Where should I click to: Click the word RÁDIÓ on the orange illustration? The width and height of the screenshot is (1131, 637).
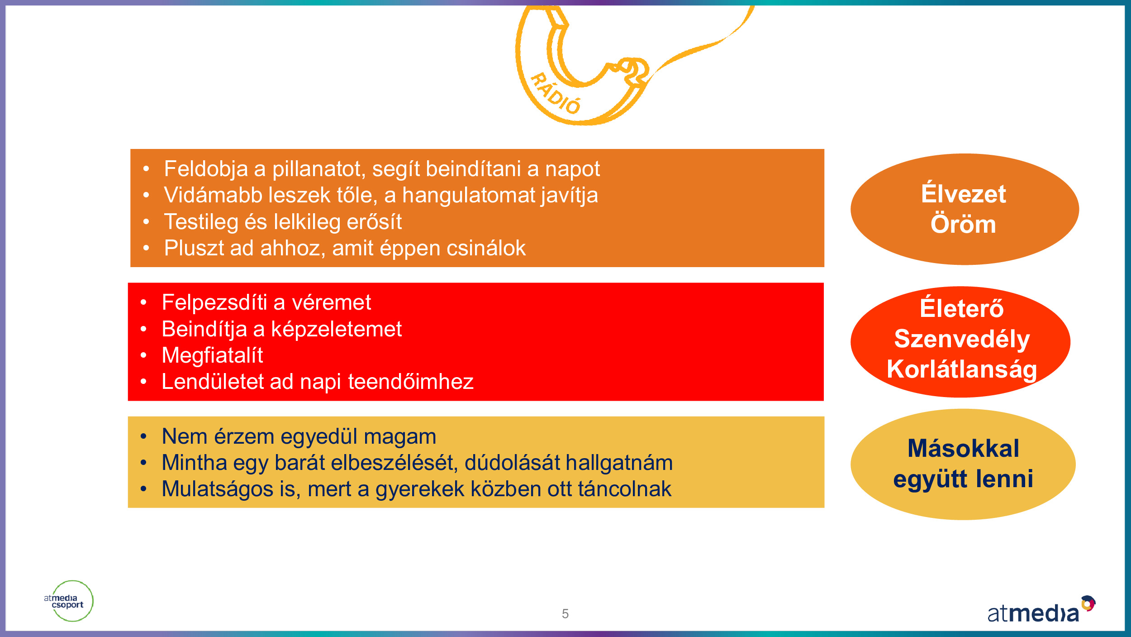pos(555,93)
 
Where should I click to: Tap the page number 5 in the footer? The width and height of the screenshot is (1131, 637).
pos(565,614)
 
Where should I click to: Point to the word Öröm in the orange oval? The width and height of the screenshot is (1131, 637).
pos(963,224)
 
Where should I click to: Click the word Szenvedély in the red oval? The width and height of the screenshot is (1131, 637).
pos(962,340)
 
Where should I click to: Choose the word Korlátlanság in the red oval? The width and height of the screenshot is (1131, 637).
pos(962,369)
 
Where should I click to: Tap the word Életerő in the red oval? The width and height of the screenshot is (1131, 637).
pos(962,308)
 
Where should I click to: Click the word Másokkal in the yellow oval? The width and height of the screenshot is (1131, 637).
pos(964,448)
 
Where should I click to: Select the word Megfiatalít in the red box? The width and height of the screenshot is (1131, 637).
pos(212,355)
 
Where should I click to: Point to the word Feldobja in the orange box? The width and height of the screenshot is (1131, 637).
pos(206,169)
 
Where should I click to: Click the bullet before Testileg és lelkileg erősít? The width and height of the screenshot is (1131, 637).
pos(146,222)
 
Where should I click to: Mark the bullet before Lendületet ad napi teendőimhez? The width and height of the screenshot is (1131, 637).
pos(143,382)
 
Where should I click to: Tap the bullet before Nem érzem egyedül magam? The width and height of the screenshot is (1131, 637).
pos(143,436)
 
